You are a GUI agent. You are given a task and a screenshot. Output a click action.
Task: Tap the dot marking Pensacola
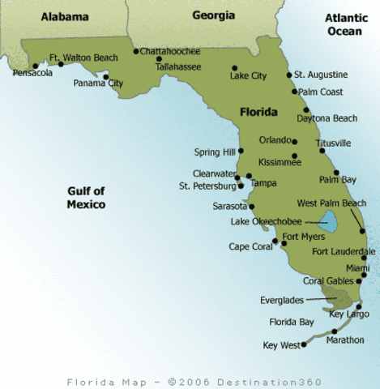coord(35,66)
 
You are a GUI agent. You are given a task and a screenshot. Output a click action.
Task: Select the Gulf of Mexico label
coord(86,198)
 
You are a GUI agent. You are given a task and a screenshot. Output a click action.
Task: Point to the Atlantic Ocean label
coord(345,24)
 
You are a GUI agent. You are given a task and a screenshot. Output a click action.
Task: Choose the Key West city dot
coord(302,344)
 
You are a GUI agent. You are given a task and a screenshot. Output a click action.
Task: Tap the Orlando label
coord(275,139)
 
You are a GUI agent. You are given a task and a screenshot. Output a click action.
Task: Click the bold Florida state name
coord(259,113)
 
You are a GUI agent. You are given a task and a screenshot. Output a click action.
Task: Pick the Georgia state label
coord(213,15)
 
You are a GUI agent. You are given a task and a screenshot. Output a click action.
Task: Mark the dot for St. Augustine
coord(289,75)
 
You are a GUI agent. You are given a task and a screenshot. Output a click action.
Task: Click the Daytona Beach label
coord(327,118)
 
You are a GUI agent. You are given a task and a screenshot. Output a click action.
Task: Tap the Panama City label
coord(98,83)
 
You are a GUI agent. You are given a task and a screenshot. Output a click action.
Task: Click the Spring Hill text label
coord(214,152)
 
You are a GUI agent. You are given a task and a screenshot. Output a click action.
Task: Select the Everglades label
coord(282,300)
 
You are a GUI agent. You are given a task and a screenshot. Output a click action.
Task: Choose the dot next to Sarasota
coord(252,206)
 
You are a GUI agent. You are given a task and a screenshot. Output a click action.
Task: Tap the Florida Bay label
coord(292,322)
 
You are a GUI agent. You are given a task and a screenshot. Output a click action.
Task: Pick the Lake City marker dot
coord(233,67)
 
